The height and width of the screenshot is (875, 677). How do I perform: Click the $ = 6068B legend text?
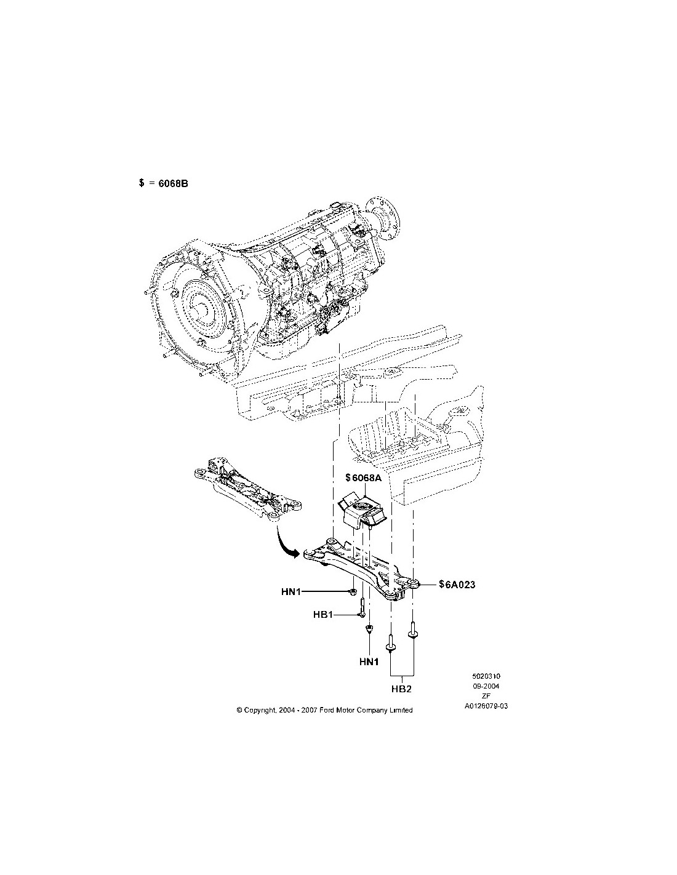(x=163, y=183)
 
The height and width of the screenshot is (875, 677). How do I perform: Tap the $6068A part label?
(x=364, y=477)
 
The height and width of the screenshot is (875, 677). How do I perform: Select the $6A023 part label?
(x=457, y=585)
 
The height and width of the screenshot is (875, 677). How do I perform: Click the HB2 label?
(x=401, y=700)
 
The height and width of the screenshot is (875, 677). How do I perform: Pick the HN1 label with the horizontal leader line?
(x=290, y=591)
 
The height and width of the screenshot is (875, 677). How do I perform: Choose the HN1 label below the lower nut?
(x=369, y=661)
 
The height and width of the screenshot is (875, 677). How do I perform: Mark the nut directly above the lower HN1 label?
(x=369, y=629)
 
